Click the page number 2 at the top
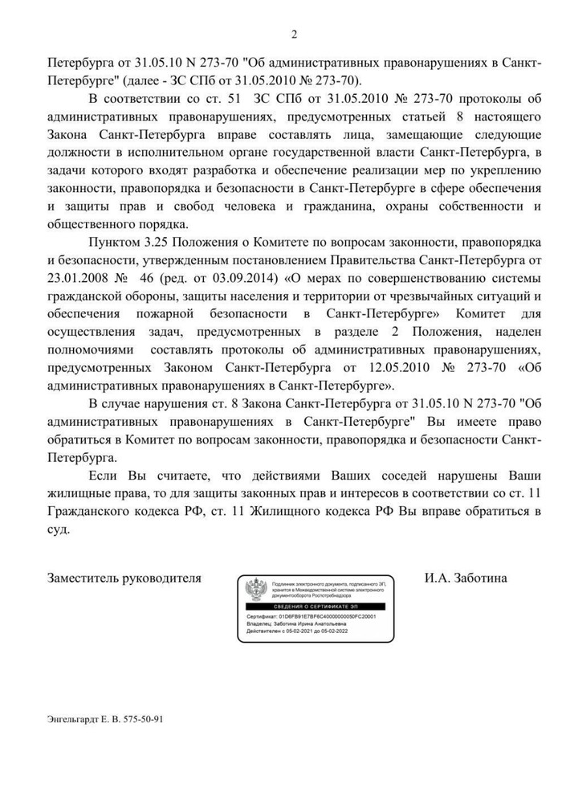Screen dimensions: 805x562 pos(293,34)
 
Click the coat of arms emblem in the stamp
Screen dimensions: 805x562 pos(256,589)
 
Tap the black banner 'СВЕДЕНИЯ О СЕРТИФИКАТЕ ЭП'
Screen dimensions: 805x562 pos(314,605)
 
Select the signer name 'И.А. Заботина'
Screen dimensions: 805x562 pos(466,578)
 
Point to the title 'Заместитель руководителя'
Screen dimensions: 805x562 pos(124,578)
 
